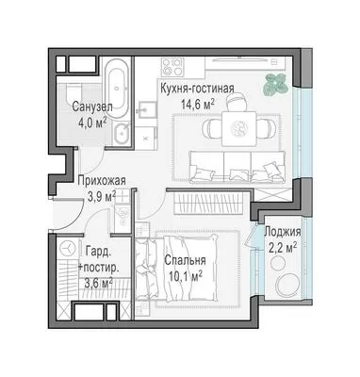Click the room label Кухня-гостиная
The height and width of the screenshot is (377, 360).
point(197,89)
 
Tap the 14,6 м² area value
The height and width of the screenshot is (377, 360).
point(198,104)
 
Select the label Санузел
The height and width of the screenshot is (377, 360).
point(92,107)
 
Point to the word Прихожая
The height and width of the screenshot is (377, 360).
point(102,181)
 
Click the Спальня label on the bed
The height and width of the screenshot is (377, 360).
point(185,260)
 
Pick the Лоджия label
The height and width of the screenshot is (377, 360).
point(283,232)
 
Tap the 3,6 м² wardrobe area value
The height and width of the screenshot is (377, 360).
point(99,283)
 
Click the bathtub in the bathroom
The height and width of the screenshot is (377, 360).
point(117,89)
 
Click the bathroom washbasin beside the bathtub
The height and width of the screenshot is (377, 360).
point(122,135)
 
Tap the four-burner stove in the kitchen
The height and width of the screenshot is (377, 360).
point(172,67)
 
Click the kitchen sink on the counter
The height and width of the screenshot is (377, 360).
point(147,109)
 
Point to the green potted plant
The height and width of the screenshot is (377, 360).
point(275,83)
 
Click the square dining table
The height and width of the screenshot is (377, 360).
point(238,128)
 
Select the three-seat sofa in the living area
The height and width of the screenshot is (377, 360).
point(237,167)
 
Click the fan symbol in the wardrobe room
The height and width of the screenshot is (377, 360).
point(68,249)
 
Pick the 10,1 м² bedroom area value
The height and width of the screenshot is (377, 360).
point(185,275)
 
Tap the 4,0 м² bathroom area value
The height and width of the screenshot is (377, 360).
point(92,122)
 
